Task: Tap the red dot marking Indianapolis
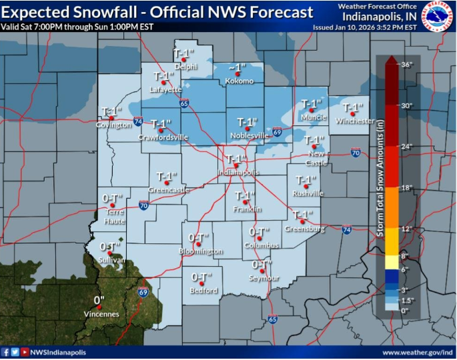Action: tap(235, 165)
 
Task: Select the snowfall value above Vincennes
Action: tap(99, 300)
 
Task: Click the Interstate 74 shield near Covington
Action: tap(137, 121)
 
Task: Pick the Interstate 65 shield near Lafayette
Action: tap(183, 103)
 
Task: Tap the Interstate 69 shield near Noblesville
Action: tap(277, 132)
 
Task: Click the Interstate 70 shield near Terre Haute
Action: tap(143, 206)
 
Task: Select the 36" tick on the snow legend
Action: tap(407, 65)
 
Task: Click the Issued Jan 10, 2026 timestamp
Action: tap(364, 27)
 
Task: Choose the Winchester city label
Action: tap(355, 121)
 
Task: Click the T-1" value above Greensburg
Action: tap(304, 214)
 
